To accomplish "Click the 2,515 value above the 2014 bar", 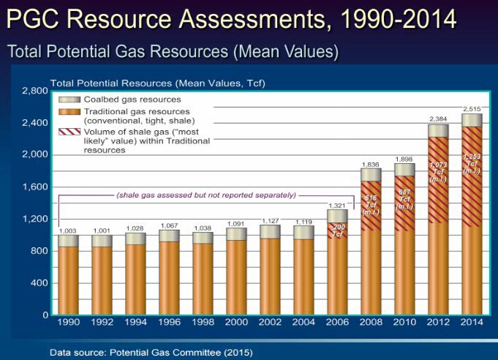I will (x=472, y=108).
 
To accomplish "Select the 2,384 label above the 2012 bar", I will (x=438, y=119).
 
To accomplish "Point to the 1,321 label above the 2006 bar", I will (x=336, y=205).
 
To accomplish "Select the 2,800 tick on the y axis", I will (x=34, y=91).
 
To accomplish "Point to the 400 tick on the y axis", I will (x=39, y=282).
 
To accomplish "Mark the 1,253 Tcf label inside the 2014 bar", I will (x=472, y=164).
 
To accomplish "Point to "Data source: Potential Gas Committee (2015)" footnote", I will (x=151, y=352).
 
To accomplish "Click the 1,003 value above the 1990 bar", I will (x=68, y=230).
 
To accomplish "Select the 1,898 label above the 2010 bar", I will (x=404, y=159).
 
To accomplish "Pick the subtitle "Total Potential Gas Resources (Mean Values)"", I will (x=173, y=51).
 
